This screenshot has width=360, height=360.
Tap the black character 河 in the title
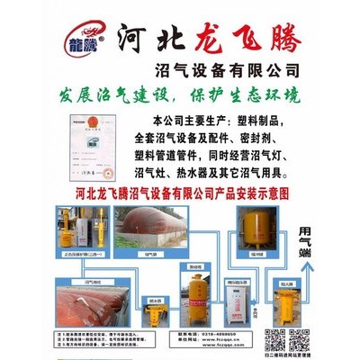(139, 37)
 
